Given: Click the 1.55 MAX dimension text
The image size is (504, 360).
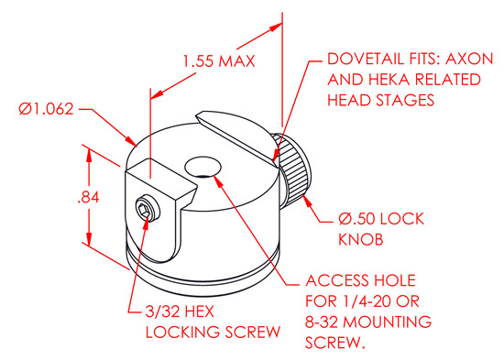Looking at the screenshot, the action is coord(219,61).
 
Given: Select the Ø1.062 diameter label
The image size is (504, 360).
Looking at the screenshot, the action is coord(47,109).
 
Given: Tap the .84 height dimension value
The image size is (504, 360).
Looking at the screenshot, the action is coord(88,197).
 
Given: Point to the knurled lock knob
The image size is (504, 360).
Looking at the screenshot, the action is coord(291,171).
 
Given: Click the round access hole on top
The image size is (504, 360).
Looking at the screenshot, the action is coord(203,167).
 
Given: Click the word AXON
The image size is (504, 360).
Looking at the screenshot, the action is coord(469,59).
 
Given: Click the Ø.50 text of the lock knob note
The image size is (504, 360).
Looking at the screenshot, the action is coord(356,219).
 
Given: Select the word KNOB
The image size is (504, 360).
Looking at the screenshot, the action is coord(361,239).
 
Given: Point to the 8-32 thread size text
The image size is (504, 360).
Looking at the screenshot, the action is coord(322,322).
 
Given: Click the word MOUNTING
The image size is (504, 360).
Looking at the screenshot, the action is coord(388,322).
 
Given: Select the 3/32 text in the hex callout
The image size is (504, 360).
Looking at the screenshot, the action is coord(161,311).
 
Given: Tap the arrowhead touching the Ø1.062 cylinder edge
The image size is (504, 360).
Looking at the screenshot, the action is coord(131,141).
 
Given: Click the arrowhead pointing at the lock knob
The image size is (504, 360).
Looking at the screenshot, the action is coord(307,201).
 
